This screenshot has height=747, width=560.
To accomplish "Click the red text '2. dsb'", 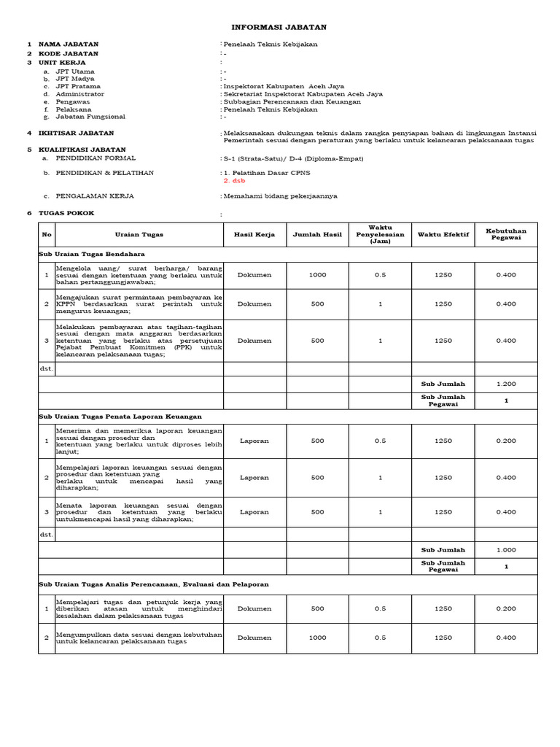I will pos(234,180).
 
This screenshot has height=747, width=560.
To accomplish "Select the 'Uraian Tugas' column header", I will pos(139,234).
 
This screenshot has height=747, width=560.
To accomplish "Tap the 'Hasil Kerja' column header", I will pos(254,234).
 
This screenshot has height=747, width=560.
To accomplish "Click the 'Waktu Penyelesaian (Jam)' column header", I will pos(380,234).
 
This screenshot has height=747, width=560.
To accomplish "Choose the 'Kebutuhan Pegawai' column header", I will pos(505,234).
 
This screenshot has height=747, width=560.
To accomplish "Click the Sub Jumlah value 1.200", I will pos(505,384).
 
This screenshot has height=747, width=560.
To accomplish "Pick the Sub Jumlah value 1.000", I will pos(505,549).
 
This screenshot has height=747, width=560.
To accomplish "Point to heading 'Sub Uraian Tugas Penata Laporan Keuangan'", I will pos(120,416).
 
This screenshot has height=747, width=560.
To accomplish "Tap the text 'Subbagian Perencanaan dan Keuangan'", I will pos(292,102).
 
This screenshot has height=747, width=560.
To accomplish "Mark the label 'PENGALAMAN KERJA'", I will pos(94,196).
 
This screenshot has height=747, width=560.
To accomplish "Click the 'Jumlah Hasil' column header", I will pos(317,234).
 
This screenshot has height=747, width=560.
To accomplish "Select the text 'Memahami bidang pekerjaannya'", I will pos(280,196).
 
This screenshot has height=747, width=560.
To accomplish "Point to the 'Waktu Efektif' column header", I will pos(443,234).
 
